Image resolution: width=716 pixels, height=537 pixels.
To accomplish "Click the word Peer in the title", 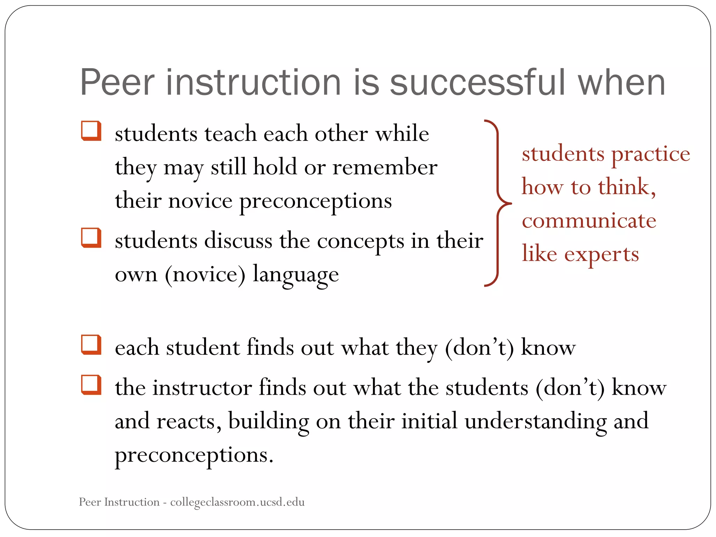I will (x=117, y=83).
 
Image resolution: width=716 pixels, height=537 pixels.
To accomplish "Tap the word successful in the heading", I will (x=477, y=83).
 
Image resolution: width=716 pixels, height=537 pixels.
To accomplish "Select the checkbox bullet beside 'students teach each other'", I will (x=91, y=131).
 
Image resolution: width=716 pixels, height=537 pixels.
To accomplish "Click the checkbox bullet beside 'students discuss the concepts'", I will (x=91, y=238).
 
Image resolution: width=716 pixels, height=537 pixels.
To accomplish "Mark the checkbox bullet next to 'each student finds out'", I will (x=91, y=345).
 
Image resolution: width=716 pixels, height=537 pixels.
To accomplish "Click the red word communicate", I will (x=589, y=221).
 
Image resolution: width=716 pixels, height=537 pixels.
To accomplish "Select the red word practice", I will (x=651, y=154).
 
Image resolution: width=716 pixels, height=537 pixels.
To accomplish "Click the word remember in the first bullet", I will (x=385, y=167).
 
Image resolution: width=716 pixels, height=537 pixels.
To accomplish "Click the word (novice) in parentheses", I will (x=205, y=274).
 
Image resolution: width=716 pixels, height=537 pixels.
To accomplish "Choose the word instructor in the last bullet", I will (x=202, y=388).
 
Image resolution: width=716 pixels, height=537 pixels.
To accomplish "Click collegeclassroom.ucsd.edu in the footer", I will (x=237, y=502).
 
